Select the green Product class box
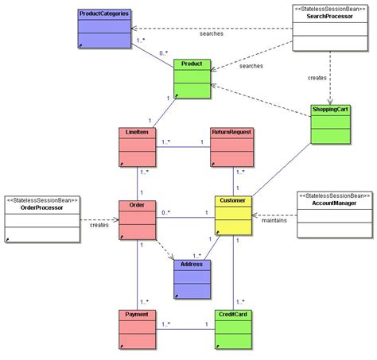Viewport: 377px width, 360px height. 192,79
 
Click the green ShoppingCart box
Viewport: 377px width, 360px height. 331,122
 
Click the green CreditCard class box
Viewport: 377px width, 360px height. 232,329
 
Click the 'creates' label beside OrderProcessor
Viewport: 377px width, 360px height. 99,225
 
